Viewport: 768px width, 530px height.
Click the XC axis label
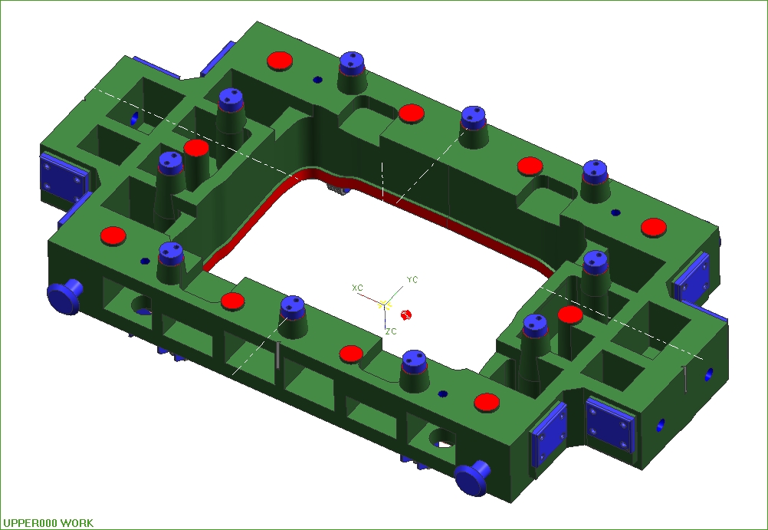point(357,288)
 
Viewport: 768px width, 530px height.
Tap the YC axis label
point(412,279)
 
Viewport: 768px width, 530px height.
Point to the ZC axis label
point(391,331)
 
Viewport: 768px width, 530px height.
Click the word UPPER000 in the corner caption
point(31,523)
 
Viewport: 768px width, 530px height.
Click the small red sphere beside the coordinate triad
point(405,314)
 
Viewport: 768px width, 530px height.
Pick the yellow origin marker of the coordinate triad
point(385,305)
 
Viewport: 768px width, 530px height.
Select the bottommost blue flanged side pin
point(473,478)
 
